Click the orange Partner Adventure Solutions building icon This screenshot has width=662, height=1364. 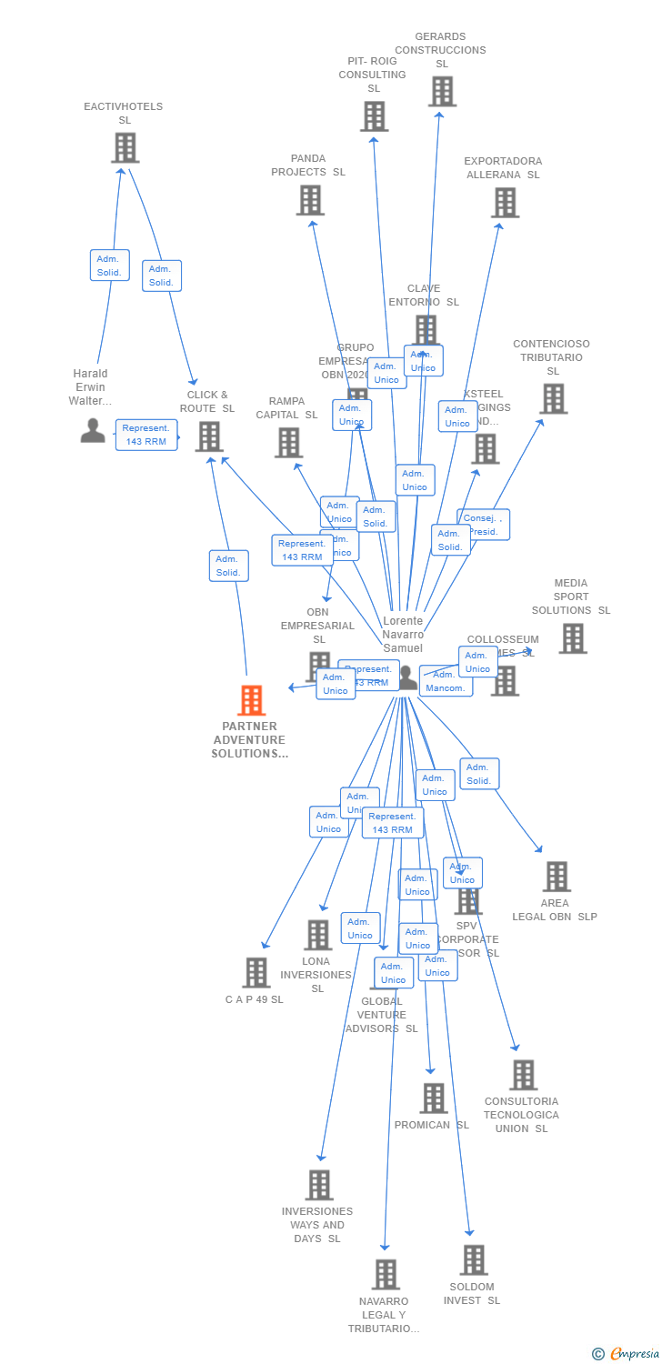(252, 700)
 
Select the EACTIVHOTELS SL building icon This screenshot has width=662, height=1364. (125, 147)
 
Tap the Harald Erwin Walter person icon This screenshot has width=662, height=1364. (93, 430)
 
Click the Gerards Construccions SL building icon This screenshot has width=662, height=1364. (442, 91)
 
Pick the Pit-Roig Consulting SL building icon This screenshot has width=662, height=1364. (374, 116)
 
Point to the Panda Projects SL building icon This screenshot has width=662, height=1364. (310, 200)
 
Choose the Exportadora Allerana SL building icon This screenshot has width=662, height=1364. (505, 203)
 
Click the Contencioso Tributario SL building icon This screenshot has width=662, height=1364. (553, 398)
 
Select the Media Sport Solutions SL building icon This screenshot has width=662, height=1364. (572, 638)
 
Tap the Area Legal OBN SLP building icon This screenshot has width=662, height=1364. (556, 877)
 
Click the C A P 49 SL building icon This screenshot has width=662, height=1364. (256, 972)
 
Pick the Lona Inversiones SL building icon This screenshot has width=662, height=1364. (317, 934)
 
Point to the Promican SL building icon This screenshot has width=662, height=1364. (434, 1098)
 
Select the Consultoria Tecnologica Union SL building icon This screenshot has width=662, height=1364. (523, 1075)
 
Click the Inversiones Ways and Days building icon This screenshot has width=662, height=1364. (319, 1185)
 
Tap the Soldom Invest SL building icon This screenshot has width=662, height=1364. (473, 1260)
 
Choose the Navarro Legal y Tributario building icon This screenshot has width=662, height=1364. (386, 1274)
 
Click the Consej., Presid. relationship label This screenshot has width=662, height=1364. (483, 525)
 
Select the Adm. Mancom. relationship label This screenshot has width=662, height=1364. (446, 681)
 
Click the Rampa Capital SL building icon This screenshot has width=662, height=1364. (288, 443)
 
